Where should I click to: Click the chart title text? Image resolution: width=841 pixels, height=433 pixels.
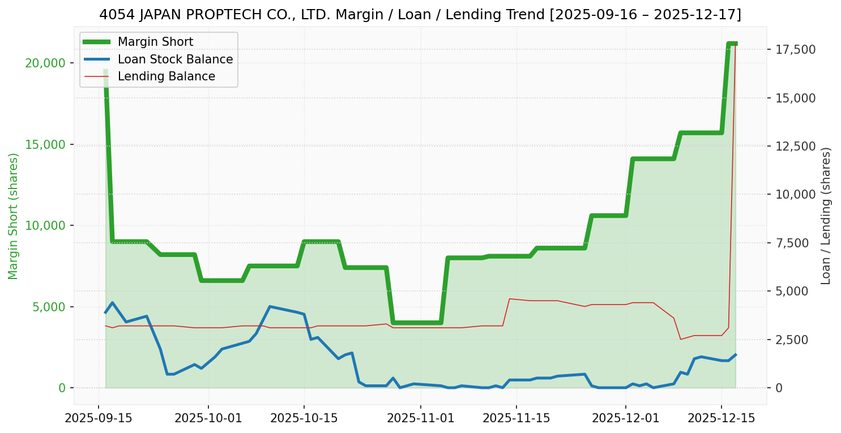[420, 15]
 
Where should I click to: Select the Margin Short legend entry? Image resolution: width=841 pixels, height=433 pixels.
[155, 42]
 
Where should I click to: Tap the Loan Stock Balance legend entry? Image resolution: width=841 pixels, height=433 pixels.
[175, 59]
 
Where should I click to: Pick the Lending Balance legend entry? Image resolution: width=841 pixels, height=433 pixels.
[166, 76]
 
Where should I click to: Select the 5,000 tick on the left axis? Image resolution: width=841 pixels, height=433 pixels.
[49, 307]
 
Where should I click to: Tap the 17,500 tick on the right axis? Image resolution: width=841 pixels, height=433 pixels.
[796, 50]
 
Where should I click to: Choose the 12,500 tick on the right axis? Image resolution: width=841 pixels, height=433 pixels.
[796, 147]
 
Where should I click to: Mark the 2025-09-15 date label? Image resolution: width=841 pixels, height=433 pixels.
[99, 419]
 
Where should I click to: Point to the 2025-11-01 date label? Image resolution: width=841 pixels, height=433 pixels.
[421, 419]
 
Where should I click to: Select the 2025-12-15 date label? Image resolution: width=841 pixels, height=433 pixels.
[721, 419]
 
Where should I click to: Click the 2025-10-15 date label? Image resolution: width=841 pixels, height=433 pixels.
[304, 419]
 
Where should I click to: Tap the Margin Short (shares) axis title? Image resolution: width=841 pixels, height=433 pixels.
[14, 216]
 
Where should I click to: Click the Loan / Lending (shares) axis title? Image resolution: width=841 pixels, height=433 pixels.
[826, 216]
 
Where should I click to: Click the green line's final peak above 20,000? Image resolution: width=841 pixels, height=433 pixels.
[731, 44]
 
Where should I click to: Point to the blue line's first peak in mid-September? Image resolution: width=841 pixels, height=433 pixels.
[112, 303]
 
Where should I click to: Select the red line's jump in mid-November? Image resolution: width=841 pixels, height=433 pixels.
[510, 299]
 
